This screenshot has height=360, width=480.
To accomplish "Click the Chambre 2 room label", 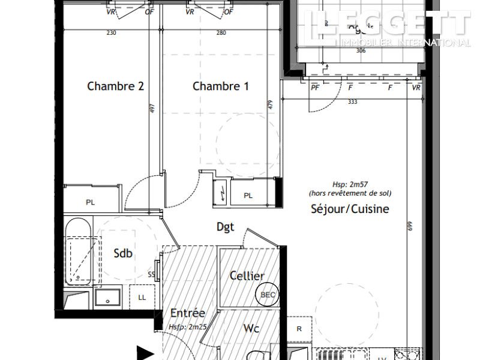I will click(115, 86).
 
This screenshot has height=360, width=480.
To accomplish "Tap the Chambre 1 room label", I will click(220, 86).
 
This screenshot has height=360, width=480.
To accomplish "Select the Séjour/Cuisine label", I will click(350, 209).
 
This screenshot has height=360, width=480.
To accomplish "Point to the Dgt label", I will click(225, 227).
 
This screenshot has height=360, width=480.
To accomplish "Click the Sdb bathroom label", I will click(122, 253).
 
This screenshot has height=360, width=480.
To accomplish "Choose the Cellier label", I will click(247, 275).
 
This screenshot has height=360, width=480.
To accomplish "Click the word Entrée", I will click(188, 313).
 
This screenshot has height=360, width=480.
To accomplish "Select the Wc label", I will click(251, 328).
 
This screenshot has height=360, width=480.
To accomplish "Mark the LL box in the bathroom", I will click(142, 297).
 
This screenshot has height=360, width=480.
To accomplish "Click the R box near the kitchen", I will click(299, 328).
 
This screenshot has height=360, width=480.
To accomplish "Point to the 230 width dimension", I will click(111, 33).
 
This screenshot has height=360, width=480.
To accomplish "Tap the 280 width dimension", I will click(221, 33).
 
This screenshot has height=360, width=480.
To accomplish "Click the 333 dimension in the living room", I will click(352, 102).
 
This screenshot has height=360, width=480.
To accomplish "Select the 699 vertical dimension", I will click(410, 226).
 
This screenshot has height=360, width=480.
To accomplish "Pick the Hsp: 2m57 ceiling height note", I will click(349, 185).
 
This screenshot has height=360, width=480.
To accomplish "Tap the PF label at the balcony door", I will click(314, 88).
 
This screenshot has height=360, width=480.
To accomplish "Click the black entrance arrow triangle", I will click(145, 352).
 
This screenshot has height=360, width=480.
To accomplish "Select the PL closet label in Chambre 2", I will click(90, 203).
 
